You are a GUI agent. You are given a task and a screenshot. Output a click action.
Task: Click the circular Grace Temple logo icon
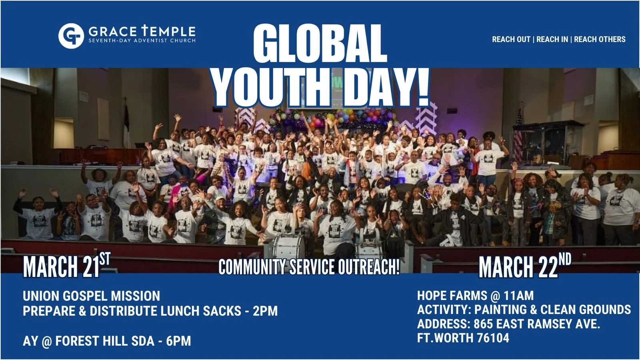pos(71,36)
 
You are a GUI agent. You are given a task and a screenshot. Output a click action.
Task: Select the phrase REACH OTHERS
pos(600,39)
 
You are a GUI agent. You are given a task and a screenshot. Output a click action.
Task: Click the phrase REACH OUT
pos(511,39)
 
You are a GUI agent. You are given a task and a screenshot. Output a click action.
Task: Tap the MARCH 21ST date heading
pos(66,266)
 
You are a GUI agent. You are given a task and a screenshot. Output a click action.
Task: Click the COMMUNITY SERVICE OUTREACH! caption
pos(309,267)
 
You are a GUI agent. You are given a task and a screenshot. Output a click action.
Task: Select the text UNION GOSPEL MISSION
pos(91,296)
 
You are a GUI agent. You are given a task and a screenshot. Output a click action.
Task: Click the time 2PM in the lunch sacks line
pos(265,311)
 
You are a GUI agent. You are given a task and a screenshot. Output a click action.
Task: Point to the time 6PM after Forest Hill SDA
pos(178,341)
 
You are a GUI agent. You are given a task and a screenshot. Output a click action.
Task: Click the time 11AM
pos(518,296)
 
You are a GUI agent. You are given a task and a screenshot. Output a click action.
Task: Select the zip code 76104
pos(493,338)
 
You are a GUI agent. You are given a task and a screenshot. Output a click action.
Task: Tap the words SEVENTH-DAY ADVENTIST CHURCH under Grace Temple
pos(142,40)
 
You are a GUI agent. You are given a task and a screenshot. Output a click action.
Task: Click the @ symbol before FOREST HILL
pos(46,341)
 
